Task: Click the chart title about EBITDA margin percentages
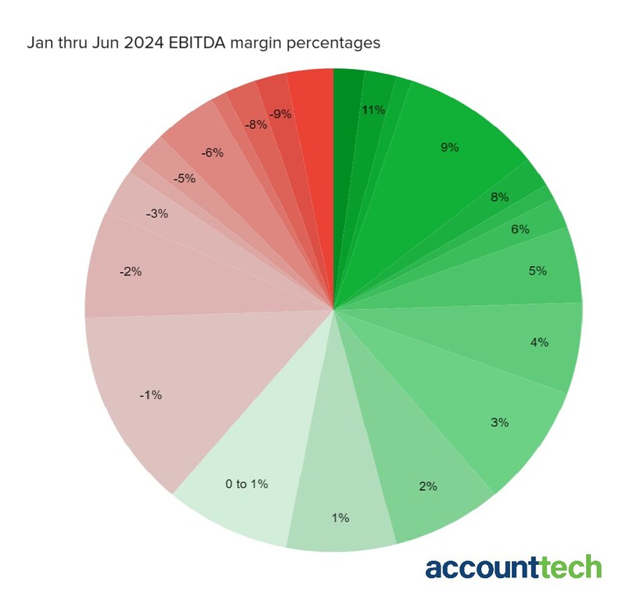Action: pyautogui.click(x=203, y=42)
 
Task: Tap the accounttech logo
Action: pyautogui.click(x=513, y=566)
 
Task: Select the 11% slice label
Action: pyautogui.click(x=373, y=110)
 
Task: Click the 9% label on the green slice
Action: pyautogui.click(x=449, y=147)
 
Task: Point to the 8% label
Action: pyautogui.click(x=499, y=197)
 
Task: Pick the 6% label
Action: pyautogui.click(x=520, y=229)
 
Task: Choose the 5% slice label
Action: pyautogui.click(x=538, y=271)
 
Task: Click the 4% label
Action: pyautogui.click(x=539, y=342)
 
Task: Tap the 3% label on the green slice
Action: pyautogui.click(x=499, y=423)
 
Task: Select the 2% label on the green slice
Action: pyautogui.click(x=428, y=486)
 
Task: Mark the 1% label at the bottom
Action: pyautogui.click(x=340, y=517)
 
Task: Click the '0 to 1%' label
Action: pyautogui.click(x=246, y=484)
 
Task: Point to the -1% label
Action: pyautogui.click(x=150, y=395)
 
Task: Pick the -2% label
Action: pyautogui.click(x=130, y=272)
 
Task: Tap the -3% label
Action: pyautogui.click(x=156, y=213)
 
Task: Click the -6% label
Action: pyautogui.click(x=212, y=153)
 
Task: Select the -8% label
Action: pyautogui.click(x=255, y=124)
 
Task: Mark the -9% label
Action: pyautogui.click(x=280, y=113)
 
